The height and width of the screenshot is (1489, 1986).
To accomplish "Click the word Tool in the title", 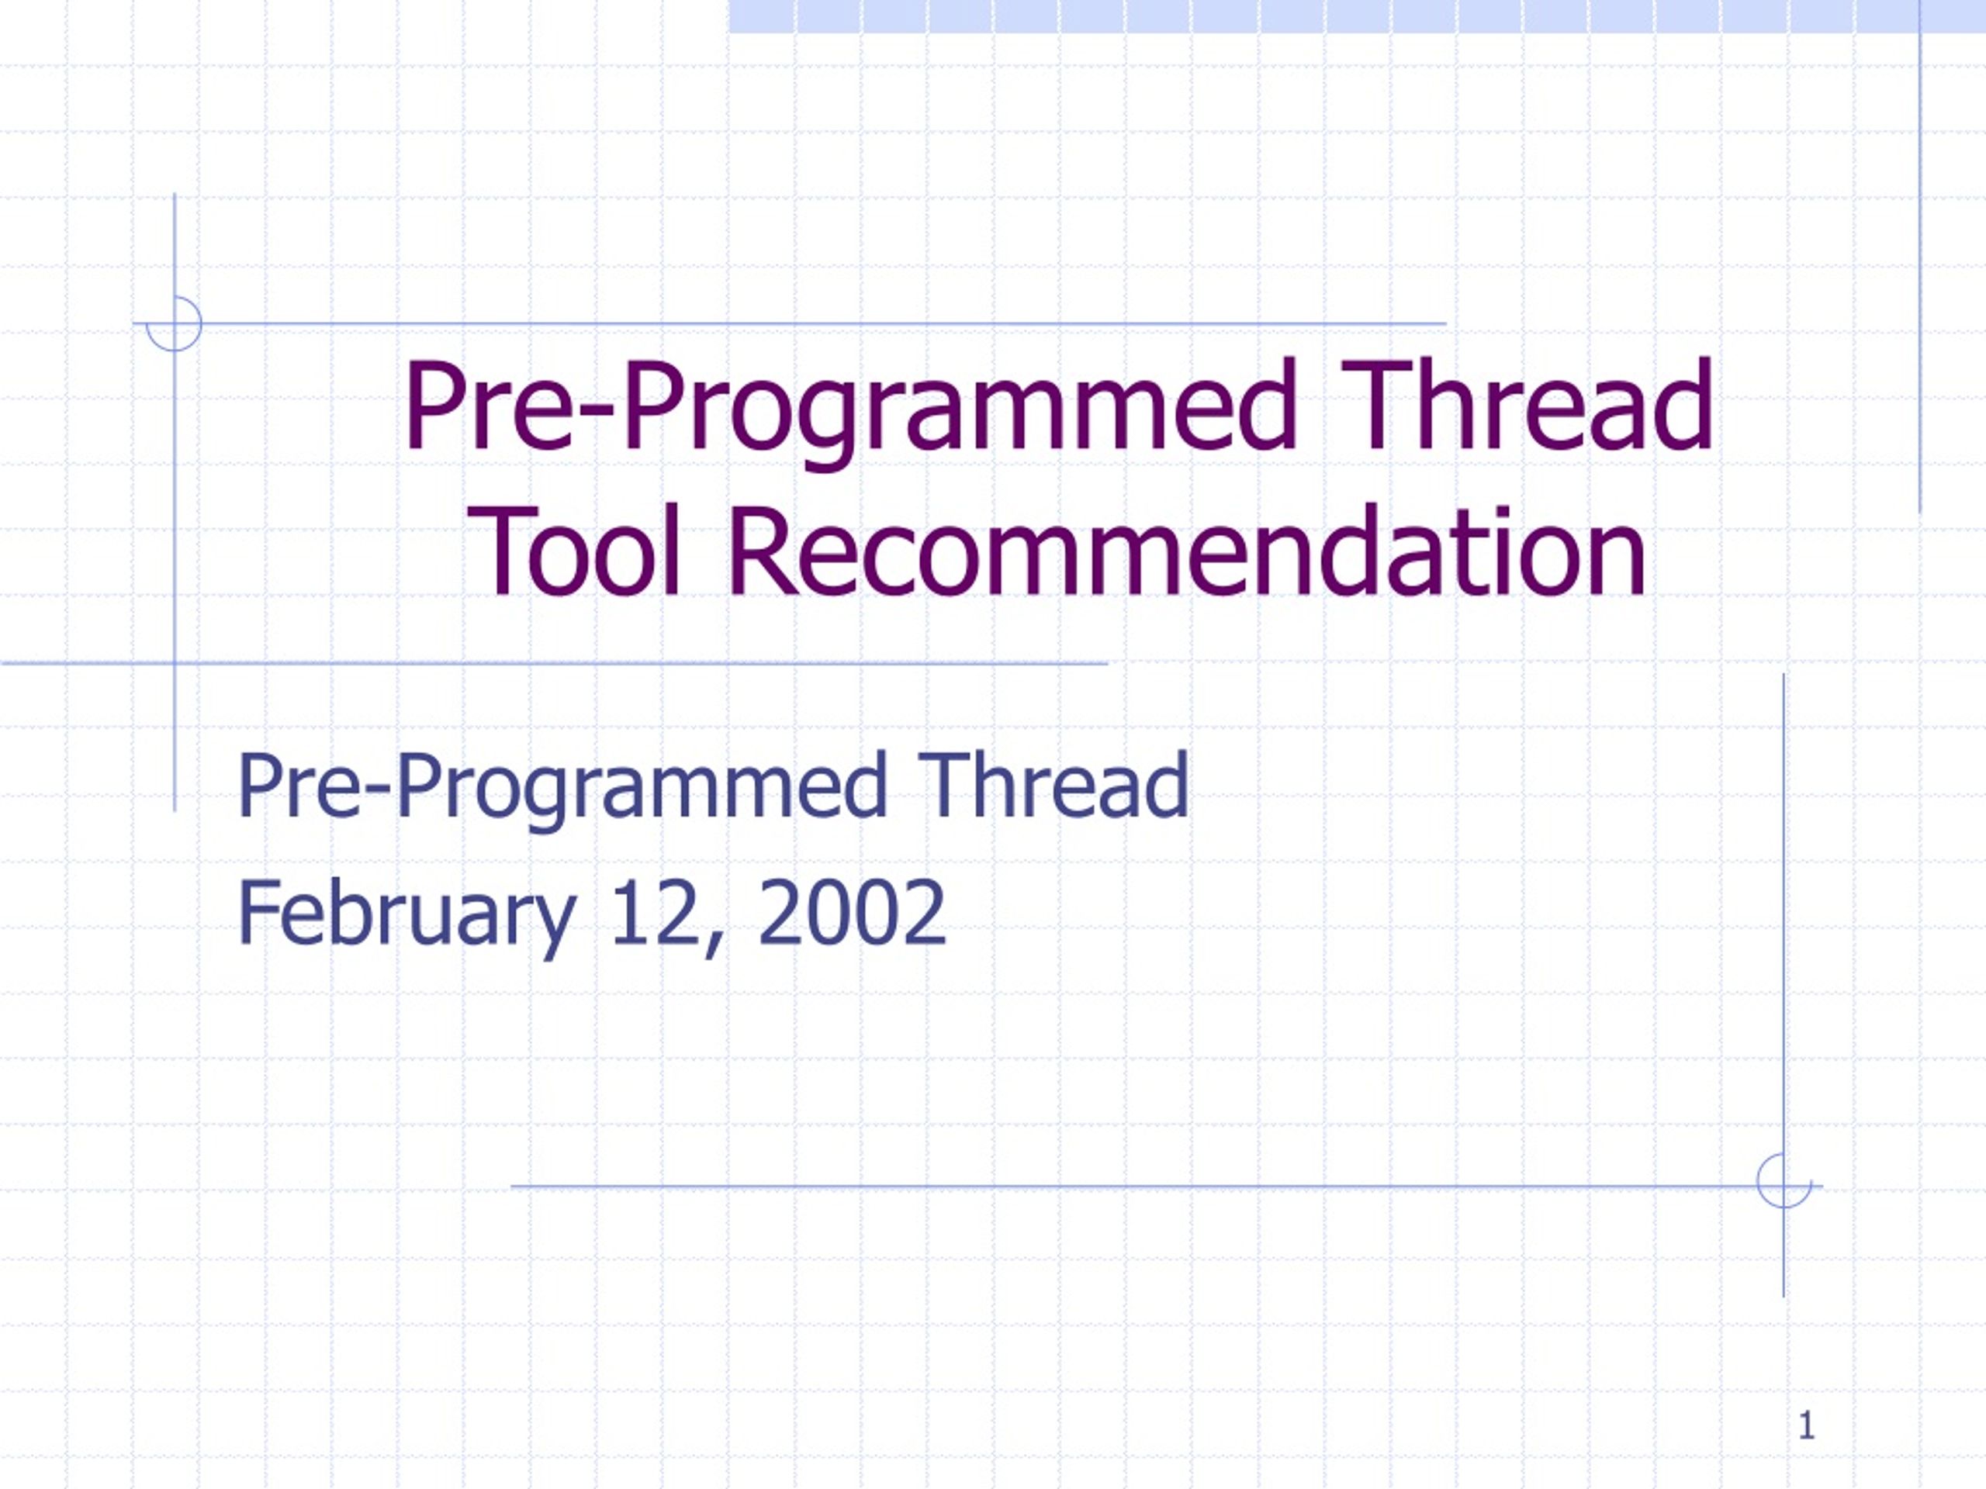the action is (575, 551).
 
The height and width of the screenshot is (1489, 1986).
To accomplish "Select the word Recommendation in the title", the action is (1187, 551).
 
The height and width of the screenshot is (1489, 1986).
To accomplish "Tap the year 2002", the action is (852, 912).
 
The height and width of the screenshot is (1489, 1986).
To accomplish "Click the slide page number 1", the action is (1807, 1425).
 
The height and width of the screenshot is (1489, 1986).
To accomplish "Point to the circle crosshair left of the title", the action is (175, 324).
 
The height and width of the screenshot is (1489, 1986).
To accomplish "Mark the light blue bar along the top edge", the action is (1357, 16).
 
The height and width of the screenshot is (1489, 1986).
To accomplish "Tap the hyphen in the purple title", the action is (597, 416).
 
